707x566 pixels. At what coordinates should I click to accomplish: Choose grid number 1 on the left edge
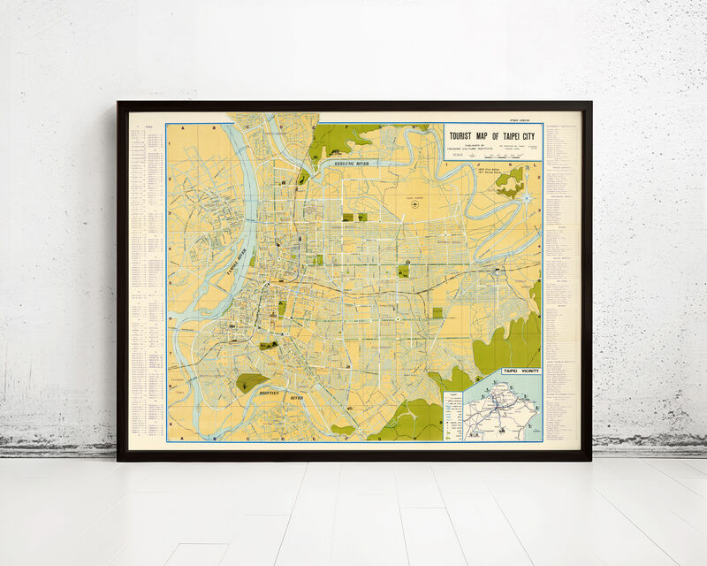tap(170, 145)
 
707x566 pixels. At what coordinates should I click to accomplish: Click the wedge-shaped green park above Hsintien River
tap(251, 382)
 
